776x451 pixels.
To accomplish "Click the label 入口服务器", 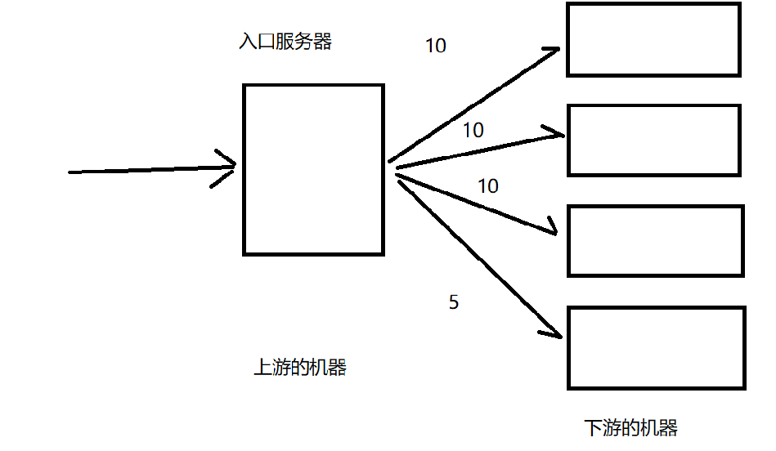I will [285, 42].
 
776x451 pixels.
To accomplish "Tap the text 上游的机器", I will [300, 368].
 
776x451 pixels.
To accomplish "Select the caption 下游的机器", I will [631, 427].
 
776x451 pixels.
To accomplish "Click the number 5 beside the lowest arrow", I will [454, 302].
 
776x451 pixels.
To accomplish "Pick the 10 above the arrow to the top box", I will [436, 46].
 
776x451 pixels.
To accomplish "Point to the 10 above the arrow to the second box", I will [473, 130].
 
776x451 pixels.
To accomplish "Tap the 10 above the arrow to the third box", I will [488, 186].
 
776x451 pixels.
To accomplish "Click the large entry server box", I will [313, 169].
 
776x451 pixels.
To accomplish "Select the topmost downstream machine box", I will [653, 39].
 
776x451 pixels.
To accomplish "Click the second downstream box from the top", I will [653, 140].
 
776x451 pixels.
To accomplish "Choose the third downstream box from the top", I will [656, 240].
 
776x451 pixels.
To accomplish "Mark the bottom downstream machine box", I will [657, 347].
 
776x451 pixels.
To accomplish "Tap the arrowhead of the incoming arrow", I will [228, 167].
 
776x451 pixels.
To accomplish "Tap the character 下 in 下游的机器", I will [594, 427].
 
